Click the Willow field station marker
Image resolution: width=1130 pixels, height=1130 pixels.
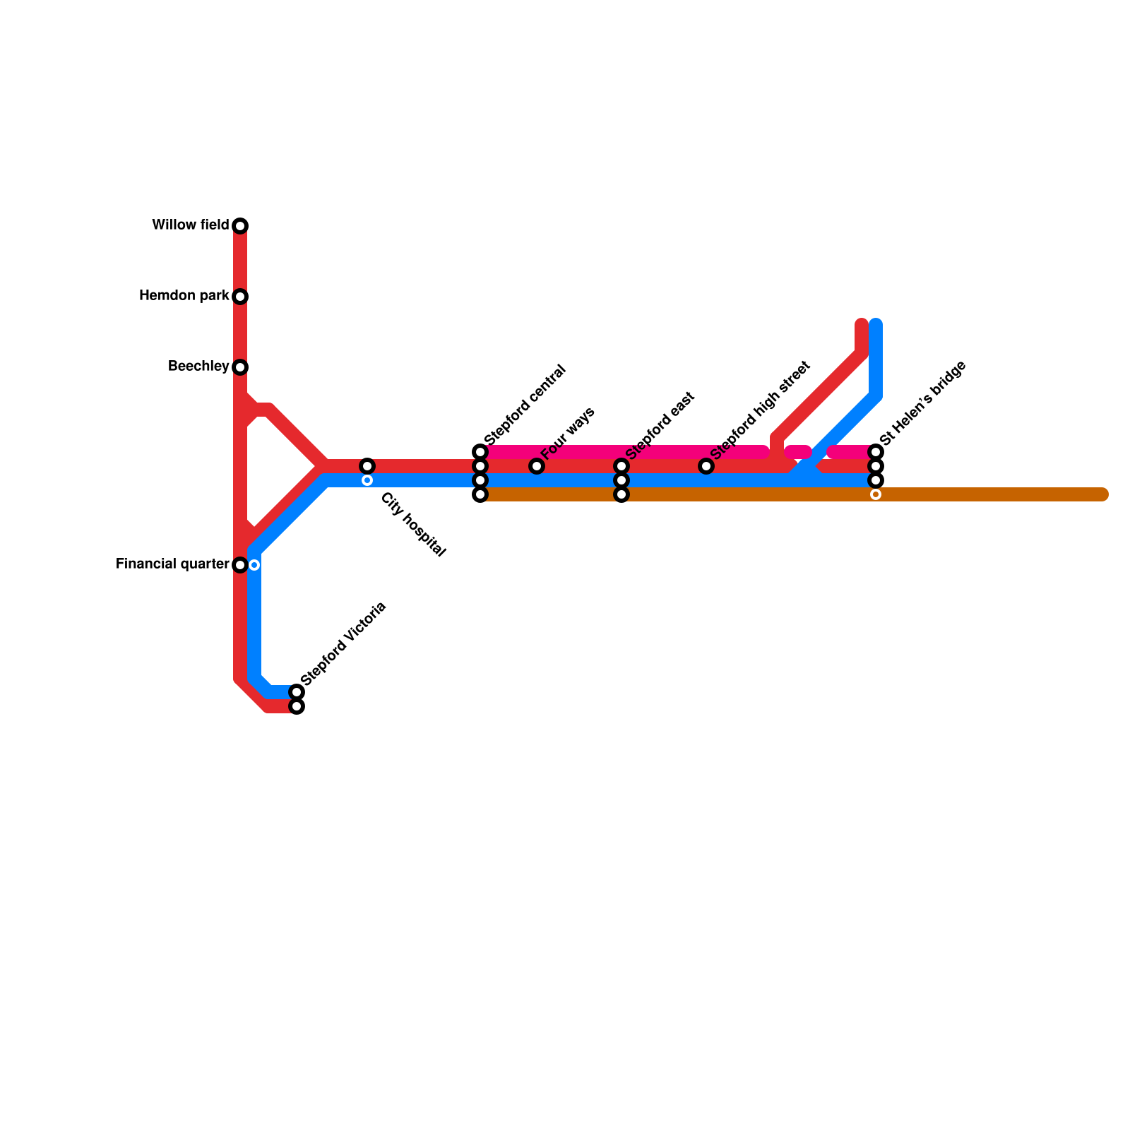240,226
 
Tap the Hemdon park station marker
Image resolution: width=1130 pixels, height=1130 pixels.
240,297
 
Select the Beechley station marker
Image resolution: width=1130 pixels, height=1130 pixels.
240,367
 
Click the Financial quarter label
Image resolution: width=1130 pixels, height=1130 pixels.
172,564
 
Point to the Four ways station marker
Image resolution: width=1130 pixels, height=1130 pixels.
537,466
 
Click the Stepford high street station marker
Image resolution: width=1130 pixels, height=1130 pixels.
706,466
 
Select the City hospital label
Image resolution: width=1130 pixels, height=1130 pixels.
413,525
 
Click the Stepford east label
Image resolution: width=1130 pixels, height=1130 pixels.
660,425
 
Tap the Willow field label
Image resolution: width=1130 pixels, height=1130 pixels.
191,225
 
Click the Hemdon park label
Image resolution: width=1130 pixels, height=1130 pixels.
184,296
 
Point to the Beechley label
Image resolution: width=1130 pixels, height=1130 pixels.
198,367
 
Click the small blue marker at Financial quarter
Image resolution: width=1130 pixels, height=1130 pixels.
254,565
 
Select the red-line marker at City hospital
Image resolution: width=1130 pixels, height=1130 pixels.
367,466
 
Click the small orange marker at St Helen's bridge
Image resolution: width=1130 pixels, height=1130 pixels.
876,494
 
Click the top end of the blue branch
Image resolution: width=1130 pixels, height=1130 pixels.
876,325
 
